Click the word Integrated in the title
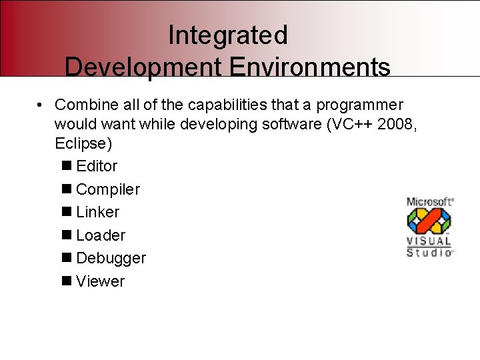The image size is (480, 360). [x=227, y=35]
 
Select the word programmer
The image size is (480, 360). [x=359, y=105]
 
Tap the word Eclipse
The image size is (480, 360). [x=80, y=144]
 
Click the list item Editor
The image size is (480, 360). [x=97, y=166]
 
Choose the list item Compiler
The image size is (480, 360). [x=108, y=189]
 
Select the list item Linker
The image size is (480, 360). [x=98, y=212]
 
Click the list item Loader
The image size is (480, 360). [x=101, y=235]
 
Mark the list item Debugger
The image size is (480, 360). [x=111, y=258]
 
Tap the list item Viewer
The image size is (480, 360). [x=101, y=281]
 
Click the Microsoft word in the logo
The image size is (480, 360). [x=429, y=202]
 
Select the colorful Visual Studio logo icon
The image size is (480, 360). [x=429, y=221]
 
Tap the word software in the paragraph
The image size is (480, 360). [x=291, y=125]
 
